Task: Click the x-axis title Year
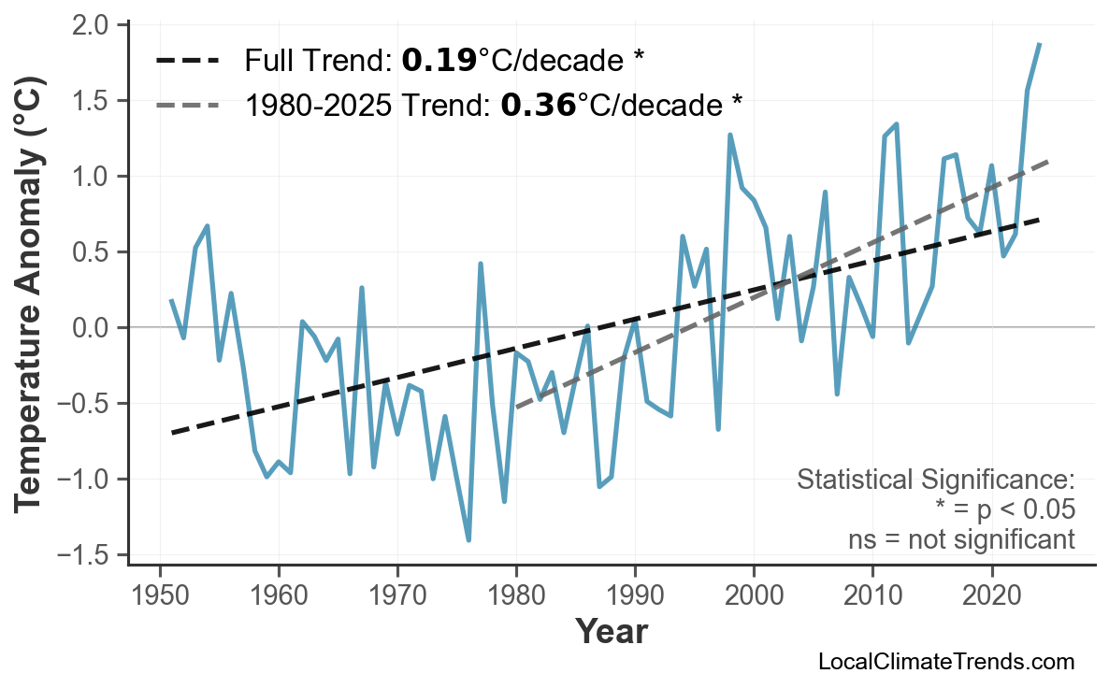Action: pos(611,632)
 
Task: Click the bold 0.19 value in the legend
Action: pos(439,62)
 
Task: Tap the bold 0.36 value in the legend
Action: pos(538,105)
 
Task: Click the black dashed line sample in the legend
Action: pos(188,62)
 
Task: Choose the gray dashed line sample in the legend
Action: pos(188,105)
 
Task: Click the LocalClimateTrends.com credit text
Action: pos(945,662)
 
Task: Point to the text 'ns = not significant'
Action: pos(961,539)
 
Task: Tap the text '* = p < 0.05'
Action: pos(1004,510)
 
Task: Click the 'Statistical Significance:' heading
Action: pos(935,480)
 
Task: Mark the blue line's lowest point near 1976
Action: pos(468,539)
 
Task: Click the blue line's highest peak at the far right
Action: pos(1039,44)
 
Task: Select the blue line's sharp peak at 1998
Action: pos(729,135)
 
